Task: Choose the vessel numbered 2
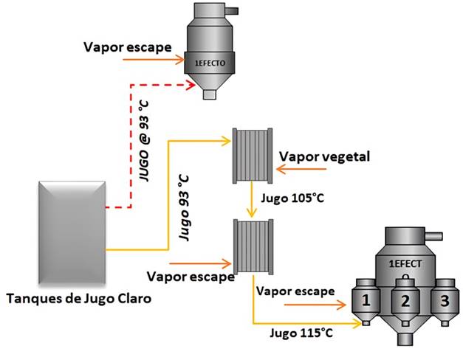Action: (x=404, y=300)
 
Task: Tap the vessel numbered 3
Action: (x=443, y=300)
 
